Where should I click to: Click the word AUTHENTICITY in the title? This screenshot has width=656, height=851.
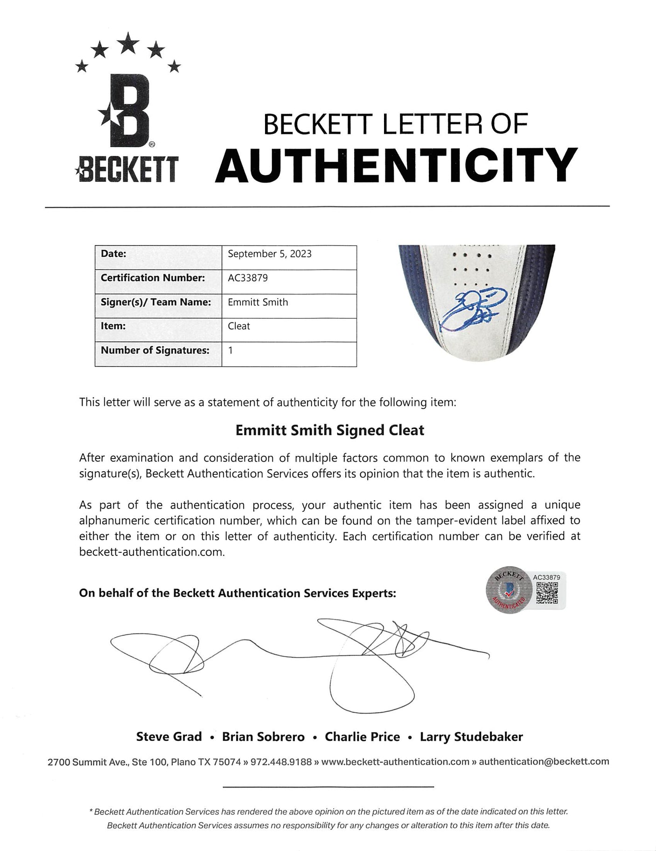click(396, 166)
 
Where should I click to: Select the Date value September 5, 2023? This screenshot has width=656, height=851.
click(269, 254)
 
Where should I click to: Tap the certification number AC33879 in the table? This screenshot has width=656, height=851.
click(247, 278)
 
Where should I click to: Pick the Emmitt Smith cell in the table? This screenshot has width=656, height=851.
click(258, 302)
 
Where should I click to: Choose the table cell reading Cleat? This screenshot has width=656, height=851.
click(239, 326)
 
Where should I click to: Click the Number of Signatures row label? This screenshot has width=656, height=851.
click(155, 350)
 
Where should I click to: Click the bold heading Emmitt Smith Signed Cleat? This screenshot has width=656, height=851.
click(329, 430)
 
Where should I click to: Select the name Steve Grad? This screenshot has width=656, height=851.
click(169, 737)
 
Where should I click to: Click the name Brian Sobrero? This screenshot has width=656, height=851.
click(263, 737)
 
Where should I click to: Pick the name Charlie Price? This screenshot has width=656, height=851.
click(362, 737)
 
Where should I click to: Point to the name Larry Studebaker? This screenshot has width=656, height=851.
click(471, 737)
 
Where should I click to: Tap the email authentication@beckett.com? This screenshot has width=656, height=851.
click(544, 762)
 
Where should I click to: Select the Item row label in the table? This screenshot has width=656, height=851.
click(113, 326)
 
